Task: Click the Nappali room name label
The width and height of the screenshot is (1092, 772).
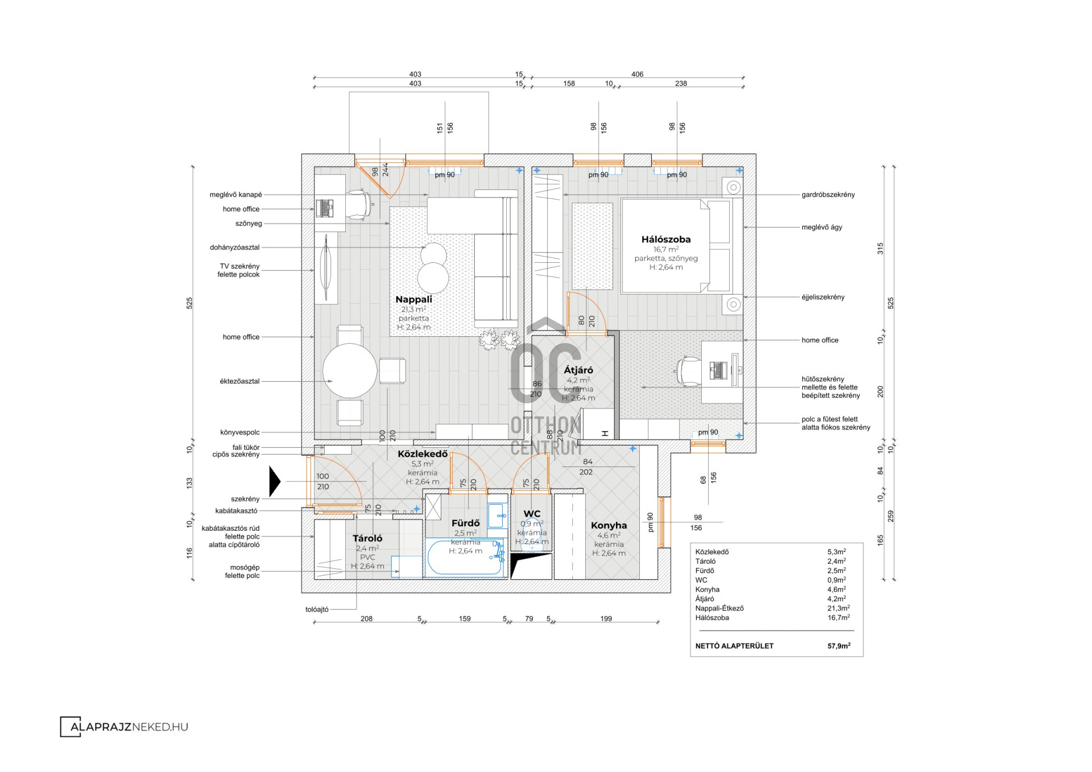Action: click(x=413, y=299)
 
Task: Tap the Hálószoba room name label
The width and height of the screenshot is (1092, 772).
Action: click(x=666, y=240)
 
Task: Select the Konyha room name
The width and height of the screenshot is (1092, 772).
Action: click(x=609, y=526)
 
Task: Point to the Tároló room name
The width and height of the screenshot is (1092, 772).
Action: click(x=367, y=538)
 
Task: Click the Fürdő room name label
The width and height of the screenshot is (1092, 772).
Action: click(x=465, y=523)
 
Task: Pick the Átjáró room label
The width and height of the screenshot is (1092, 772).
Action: click(x=578, y=370)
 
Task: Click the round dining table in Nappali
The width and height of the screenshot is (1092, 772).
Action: click(x=350, y=371)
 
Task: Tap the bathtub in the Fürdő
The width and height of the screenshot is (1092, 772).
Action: click(x=466, y=558)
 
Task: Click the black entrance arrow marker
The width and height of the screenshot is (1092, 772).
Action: click(x=275, y=481)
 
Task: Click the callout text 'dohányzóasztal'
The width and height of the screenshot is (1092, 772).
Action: click(x=234, y=247)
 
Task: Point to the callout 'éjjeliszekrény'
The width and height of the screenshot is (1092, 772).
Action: click(x=823, y=297)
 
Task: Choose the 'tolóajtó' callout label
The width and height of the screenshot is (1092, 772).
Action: click(x=317, y=609)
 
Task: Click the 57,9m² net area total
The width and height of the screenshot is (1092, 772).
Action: click(x=839, y=646)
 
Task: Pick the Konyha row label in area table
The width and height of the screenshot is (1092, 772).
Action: click(x=707, y=589)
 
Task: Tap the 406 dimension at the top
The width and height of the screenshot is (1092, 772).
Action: click(x=637, y=74)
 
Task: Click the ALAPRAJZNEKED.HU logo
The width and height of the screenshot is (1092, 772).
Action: click(x=124, y=726)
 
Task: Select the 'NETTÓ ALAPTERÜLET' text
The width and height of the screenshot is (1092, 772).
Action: click(x=734, y=646)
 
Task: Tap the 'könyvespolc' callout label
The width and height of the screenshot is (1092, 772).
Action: click(x=239, y=432)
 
